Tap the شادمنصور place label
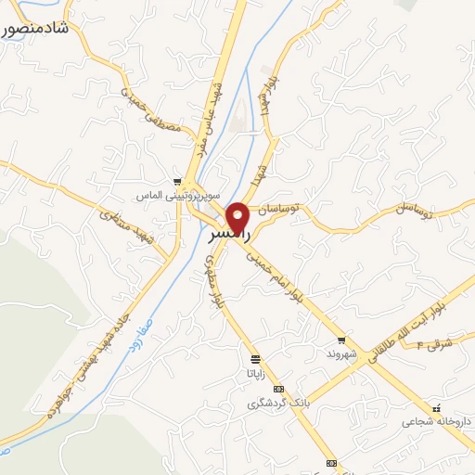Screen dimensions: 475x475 (x=35, y=29)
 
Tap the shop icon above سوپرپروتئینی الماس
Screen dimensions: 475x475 (x=176, y=181)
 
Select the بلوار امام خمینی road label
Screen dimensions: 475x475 (x=286, y=289)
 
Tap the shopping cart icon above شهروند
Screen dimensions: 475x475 (x=342, y=340)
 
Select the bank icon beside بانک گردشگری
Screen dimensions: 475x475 (x=278, y=389)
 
